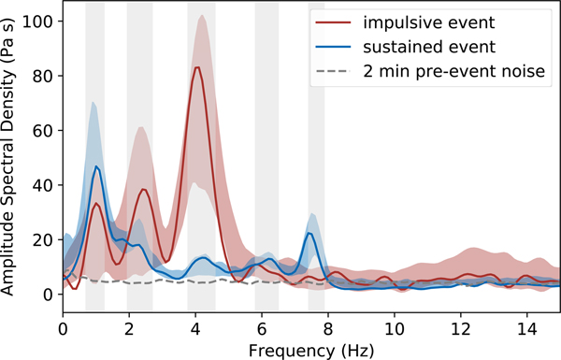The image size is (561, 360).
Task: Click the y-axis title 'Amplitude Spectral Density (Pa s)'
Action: [x=12, y=155]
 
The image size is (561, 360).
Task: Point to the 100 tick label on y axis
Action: [x=38, y=21]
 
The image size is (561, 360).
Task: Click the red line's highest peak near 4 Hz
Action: [x=197, y=67]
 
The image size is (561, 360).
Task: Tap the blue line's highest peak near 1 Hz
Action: [x=97, y=167]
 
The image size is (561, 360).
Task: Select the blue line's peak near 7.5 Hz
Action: [x=311, y=233]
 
